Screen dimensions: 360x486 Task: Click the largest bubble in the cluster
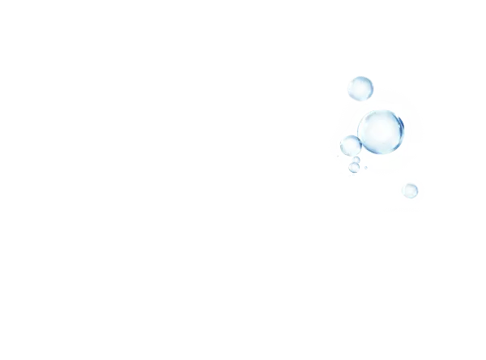[x=381, y=131]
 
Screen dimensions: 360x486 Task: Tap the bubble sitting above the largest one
[x=360, y=88]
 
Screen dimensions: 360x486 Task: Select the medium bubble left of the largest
[x=350, y=146]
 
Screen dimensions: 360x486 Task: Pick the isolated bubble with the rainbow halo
[x=411, y=191]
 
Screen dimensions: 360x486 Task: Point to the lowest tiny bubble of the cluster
[x=354, y=169]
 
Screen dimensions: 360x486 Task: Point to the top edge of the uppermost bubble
[x=360, y=75]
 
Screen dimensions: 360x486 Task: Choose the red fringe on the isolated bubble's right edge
[x=422, y=191]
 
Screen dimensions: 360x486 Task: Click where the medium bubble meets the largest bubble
[x=360, y=143]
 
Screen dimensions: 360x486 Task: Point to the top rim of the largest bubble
[x=381, y=109]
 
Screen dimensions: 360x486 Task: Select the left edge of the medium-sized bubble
[x=339, y=147]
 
